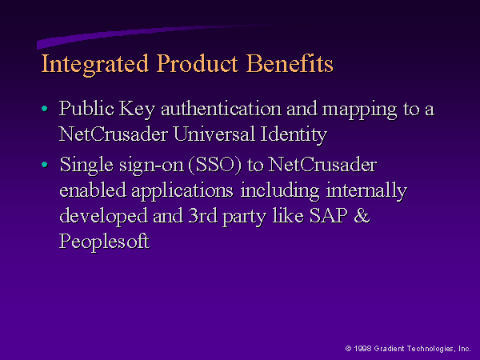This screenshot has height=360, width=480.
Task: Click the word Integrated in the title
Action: click(95, 64)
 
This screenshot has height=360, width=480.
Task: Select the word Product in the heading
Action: click(198, 63)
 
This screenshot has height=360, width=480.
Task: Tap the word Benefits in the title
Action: click(290, 63)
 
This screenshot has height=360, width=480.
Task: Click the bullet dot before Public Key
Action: click(45, 108)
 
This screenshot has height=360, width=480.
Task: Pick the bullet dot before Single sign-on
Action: click(45, 165)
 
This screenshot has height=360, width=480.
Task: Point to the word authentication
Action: click(221, 109)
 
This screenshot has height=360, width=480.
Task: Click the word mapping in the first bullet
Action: click(360, 110)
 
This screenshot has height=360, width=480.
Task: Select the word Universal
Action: click(214, 134)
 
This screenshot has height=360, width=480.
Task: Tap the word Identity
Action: click(294, 136)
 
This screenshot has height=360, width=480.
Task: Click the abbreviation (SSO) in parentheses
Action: click(215, 165)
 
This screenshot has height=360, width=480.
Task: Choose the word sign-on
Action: click(151, 166)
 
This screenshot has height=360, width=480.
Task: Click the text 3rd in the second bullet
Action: click(202, 215)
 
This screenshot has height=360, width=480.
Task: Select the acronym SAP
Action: click(329, 215)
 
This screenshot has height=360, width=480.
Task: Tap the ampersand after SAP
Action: click(362, 215)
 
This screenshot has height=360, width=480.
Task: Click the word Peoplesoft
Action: click(104, 242)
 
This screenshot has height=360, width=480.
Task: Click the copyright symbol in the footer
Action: click(348, 348)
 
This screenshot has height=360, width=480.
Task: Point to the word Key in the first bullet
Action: click(137, 110)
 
